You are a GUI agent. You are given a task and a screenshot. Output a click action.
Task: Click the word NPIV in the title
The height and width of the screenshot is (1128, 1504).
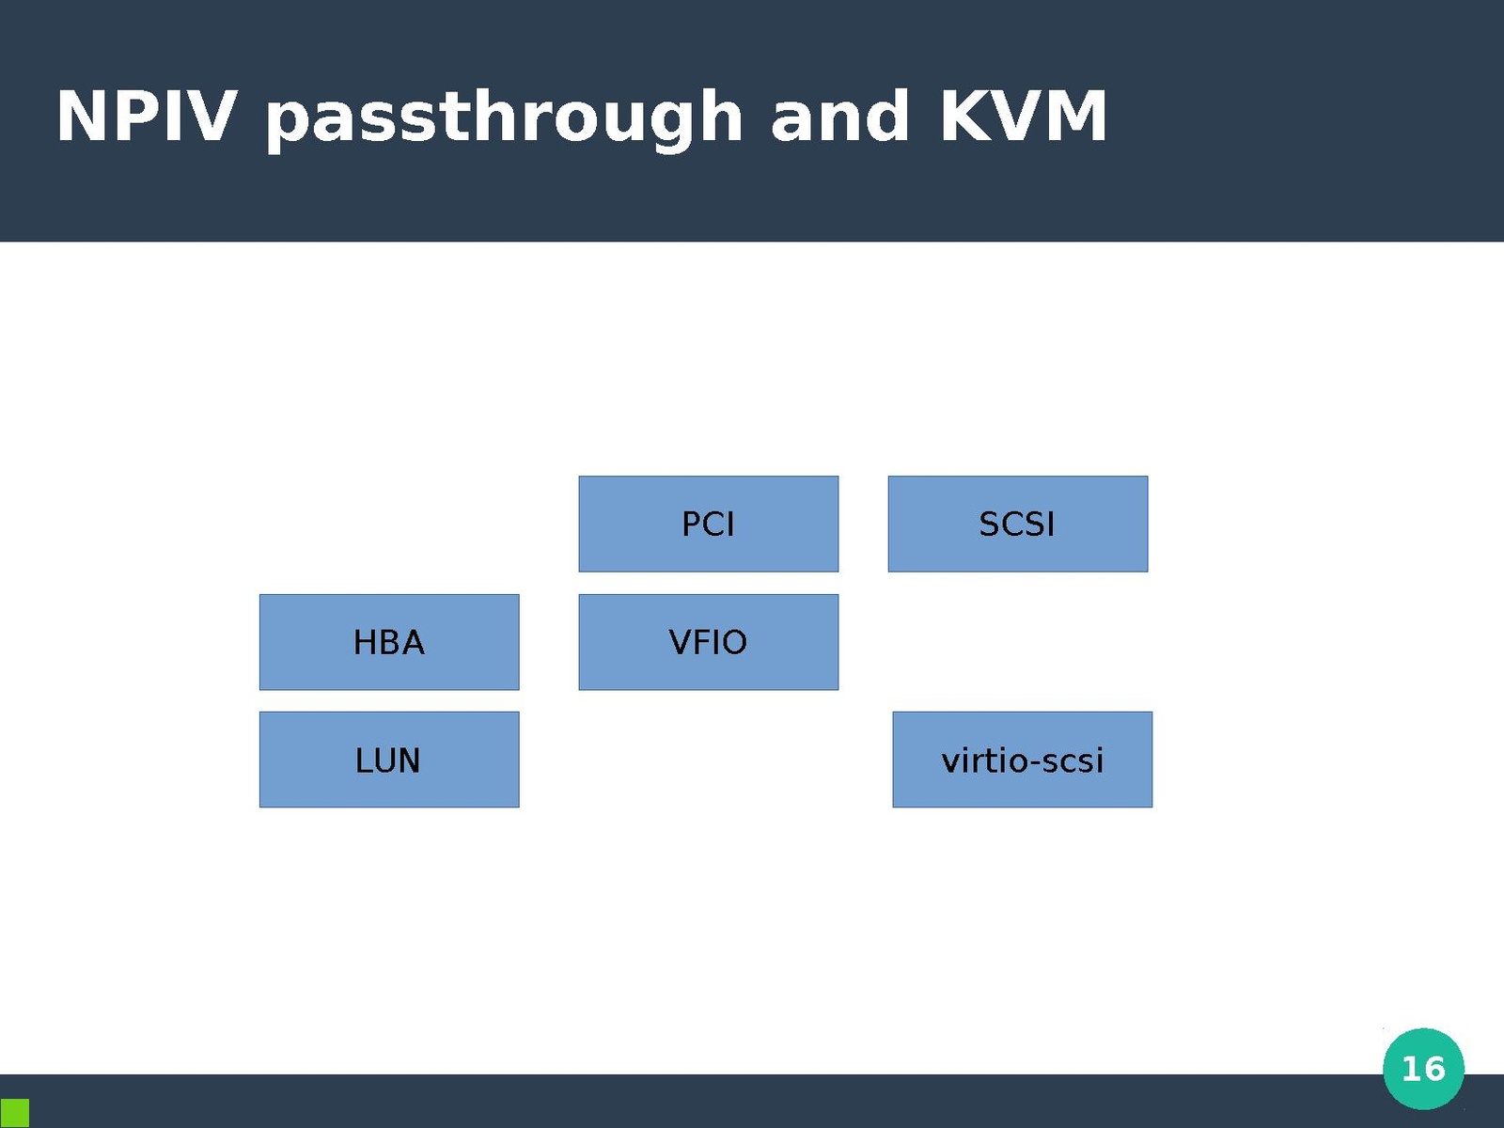(x=146, y=117)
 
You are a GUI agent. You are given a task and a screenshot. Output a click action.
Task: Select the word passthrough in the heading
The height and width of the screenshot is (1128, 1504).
(x=503, y=118)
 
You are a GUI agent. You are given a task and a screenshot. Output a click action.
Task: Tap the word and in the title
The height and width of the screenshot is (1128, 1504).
(x=839, y=117)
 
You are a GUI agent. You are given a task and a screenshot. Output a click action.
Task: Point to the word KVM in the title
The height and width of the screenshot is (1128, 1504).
(x=1023, y=117)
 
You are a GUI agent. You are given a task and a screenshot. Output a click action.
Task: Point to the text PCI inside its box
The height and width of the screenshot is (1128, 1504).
(x=708, y=525)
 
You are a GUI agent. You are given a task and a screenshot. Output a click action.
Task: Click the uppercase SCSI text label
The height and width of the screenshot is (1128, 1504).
(x=1017, y=525)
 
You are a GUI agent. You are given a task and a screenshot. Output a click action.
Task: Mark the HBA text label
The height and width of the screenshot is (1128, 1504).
(x=388, y=643)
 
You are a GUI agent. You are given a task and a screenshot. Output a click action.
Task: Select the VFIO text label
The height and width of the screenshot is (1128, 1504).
(x=708, y=643)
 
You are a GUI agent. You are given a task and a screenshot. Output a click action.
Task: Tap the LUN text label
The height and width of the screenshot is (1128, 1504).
(x=387, y=760)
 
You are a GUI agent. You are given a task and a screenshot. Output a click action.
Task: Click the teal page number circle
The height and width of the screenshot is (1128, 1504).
(x=1423, y=1069)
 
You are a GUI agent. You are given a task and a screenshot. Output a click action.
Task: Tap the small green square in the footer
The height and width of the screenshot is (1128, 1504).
(x=14, y=1113)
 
